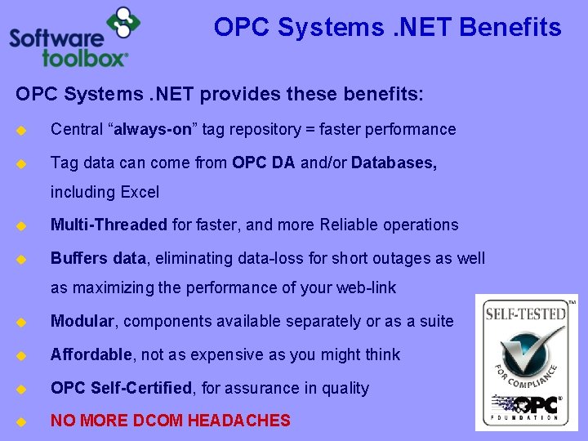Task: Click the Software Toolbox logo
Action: pyautogui.click(x=69, y=37)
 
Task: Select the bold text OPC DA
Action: pyautogui.click(x=264, y=163)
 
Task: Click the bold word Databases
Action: pyautogui.click(x=394, y=163)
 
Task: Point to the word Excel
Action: pyautogui.click(x=140, y=193)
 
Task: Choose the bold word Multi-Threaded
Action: pyautogui.click(x=109, y=225)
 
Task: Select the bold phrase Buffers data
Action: pyautogui.click(x=98, y=259)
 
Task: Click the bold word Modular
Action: pyautogui.click(x=82, y=321)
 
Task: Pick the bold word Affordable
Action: pyautogui.click(x=91, y=354)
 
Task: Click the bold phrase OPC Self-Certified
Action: pyautogui.click(x=120, y=388)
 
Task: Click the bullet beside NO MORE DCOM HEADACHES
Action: pyautogui.click(x=22, y=421)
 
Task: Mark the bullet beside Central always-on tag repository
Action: pyautogui.click(x=22, y=130)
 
